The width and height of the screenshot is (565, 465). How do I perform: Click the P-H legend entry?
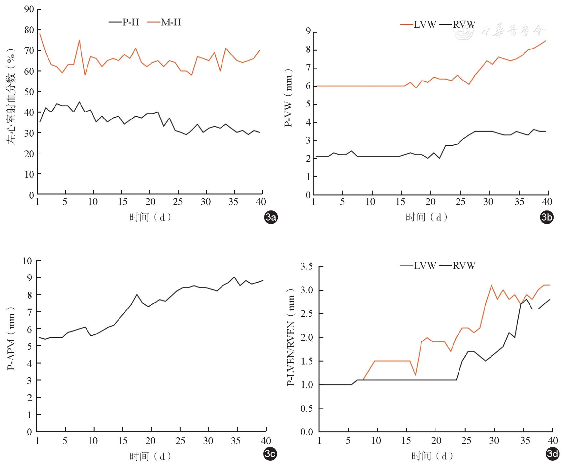click(x=124, y=22)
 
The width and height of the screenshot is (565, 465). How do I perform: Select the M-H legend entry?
click(x=164, y=22)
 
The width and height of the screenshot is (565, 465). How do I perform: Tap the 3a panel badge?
click(x=271, y=217)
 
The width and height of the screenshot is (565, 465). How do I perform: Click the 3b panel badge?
click(x=547, y=217)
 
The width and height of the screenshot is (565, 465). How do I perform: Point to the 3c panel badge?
click(x=270, y=454)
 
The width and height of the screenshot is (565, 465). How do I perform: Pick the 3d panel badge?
click(x=552, y=454)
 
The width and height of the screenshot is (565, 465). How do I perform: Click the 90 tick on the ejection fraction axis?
click(x=29, y=9)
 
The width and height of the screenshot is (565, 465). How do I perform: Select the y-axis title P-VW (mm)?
click(x=289, y=98)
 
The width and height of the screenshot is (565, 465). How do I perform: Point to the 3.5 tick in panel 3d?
click(x=306, y=266)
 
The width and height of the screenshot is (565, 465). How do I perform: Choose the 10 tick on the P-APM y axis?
click(x=27, y=261)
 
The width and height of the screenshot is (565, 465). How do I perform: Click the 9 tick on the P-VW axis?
click(x=308, y=31)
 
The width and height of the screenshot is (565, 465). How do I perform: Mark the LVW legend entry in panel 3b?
click(x=418, y=24)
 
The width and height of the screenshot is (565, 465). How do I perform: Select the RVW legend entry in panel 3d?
click(x=457, y=266)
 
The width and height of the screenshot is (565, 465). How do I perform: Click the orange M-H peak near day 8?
click(x=79, y=40)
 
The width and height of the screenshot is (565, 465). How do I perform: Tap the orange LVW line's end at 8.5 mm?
click(x=545, y=41)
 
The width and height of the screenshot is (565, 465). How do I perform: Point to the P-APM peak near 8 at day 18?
click(x=137, y=294)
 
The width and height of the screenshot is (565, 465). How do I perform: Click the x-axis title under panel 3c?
click(x=150, y=456)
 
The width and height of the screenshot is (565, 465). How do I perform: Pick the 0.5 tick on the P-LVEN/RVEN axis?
click(x=306, y=408)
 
